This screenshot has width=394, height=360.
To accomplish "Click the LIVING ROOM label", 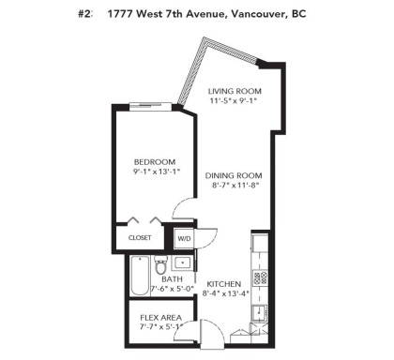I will pos(234,90).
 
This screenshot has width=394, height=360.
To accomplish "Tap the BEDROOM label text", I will pos(154,161).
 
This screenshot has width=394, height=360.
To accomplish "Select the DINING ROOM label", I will pos(235,175).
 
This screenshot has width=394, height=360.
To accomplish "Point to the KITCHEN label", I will pos(224,283).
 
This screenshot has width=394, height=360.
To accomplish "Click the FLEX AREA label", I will pos(160,317).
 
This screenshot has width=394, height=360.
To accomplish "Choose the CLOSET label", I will pos(140,238).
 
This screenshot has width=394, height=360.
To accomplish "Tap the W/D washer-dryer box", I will pos(185,238).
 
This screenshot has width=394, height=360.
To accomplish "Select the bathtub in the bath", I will pos(136,278).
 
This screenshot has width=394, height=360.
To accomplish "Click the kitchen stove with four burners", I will pos(262,277).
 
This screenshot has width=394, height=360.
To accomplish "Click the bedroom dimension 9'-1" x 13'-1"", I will pos(154,172).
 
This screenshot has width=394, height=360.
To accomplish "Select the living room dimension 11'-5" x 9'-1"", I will pos(234,100).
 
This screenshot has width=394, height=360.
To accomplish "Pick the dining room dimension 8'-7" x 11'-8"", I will pos(235,186).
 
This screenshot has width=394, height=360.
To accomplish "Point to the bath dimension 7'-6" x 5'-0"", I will pos(173,289).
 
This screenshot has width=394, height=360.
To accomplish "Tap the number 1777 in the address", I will pos(119,14).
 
